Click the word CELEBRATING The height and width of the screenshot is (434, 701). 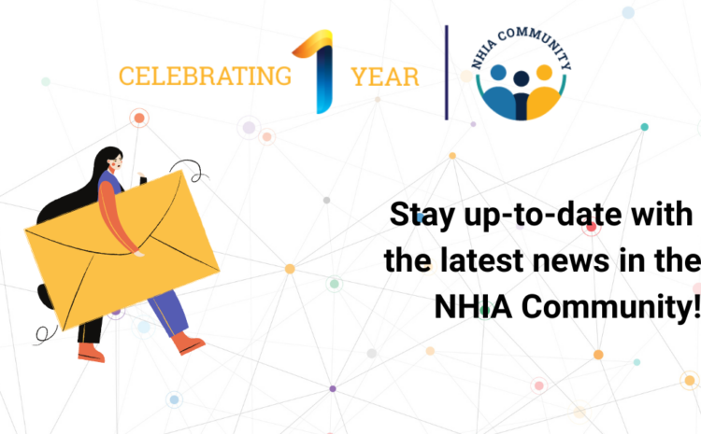click(205, 77)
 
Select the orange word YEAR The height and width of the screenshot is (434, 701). click(385, 77)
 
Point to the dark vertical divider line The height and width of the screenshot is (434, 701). click(446, 73)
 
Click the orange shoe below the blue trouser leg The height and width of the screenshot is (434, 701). click(188, 343)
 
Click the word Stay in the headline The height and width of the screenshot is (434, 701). click(422, 216)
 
